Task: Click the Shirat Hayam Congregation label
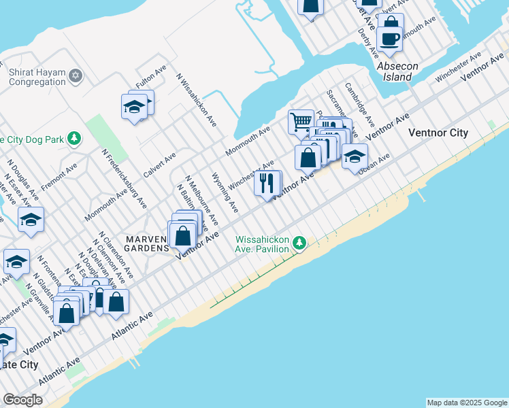(37, 76)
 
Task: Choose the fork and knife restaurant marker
(267, 184)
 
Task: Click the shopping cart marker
(301, 122)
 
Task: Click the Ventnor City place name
(438, 133)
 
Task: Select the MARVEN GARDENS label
(146, 243)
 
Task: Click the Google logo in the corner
(22, 400)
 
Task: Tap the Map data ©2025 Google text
(467, 403)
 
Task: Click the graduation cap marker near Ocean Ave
(354, 156)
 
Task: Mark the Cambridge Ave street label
(359, 104)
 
